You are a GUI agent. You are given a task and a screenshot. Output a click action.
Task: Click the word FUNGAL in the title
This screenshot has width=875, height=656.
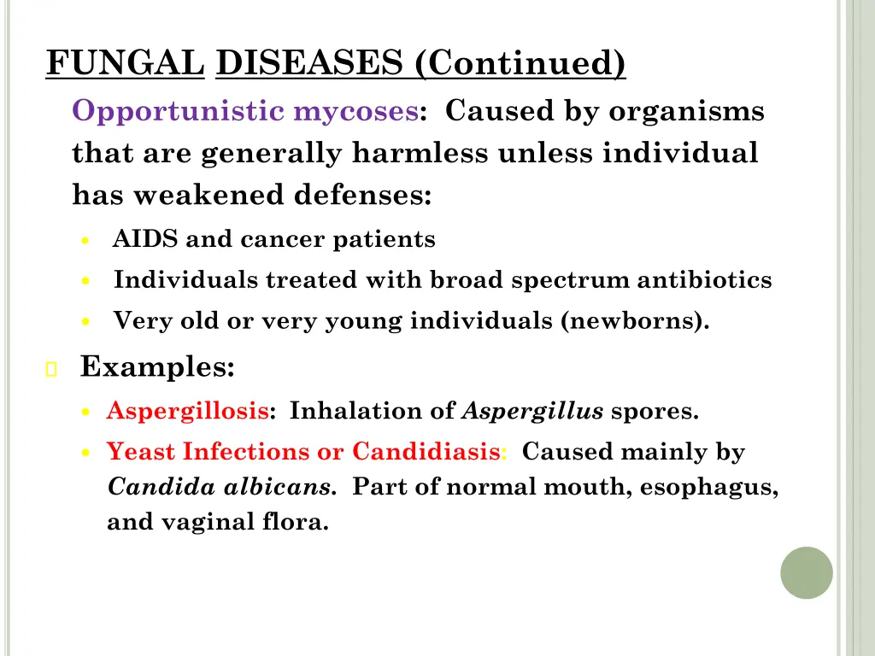point(126,64)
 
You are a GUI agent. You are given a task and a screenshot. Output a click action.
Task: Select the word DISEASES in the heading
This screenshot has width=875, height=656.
point(313,64)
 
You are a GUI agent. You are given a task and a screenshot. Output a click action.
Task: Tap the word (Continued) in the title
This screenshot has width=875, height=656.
point(521,64)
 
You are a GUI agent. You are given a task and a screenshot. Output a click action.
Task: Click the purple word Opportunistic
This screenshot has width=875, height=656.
point(179,111)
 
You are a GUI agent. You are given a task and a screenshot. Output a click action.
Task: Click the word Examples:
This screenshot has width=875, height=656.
point(157,367)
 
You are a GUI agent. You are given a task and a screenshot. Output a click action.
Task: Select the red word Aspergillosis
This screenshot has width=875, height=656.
point(187,412)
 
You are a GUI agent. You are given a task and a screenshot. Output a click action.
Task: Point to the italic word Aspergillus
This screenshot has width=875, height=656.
point(532,412)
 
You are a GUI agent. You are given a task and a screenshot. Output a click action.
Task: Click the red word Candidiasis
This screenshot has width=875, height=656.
point(426,451)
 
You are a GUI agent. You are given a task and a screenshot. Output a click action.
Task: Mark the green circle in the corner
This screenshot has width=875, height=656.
point(806,572)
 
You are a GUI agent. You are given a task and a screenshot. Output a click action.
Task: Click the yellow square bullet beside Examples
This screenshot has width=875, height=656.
point(51,370)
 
